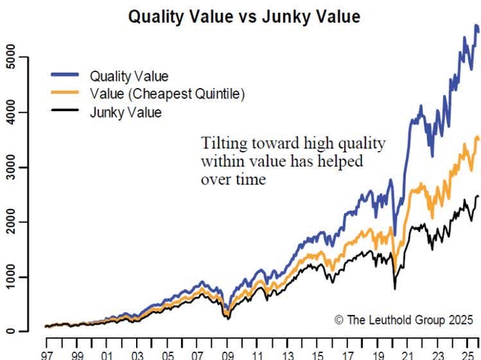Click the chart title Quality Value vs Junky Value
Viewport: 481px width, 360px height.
coord(245,15)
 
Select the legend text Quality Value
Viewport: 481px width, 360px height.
coord(129,76)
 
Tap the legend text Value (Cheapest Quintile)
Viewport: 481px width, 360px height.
coord(167,94)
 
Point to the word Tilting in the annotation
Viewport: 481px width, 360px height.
coord(219,144)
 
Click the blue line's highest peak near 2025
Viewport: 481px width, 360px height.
coord(474,26)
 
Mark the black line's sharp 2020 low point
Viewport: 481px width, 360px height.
coord(395,289)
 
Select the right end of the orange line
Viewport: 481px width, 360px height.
coord(478,138)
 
